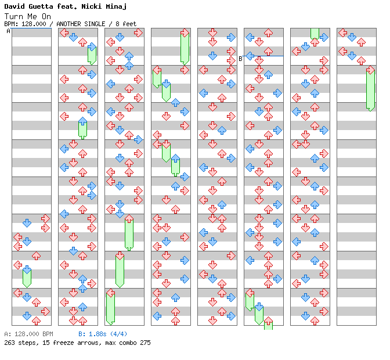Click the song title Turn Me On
pos(27,16)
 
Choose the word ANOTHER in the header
pos(71,24)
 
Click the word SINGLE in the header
pos(101,24)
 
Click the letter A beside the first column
pos(8,31)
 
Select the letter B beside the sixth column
pos(240,59)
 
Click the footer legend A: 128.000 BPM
pos(28,334)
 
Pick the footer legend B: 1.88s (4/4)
pos(103,334)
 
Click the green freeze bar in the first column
pos(27,278)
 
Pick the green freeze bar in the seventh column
pos(315,33)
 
